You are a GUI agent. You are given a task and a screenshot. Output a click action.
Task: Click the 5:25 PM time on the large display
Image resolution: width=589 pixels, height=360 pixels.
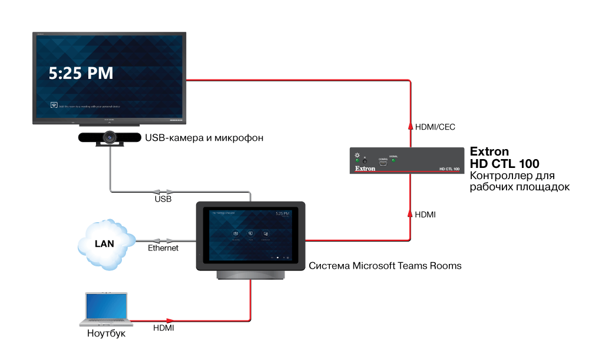[x=80, y=73]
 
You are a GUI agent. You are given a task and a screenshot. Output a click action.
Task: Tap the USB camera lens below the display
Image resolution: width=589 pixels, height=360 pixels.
[x=110, y=137]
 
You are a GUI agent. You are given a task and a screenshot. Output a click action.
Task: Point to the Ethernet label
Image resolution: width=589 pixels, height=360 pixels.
[x=163, y=248]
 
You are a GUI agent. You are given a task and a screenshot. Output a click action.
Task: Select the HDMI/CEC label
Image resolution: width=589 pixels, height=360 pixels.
[x=435, y=127]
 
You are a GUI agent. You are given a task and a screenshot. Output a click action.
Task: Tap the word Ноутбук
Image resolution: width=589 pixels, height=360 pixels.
[x=106, y=333]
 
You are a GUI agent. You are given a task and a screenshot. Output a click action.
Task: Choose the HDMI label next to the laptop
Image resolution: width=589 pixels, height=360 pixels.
[x=163, y=328]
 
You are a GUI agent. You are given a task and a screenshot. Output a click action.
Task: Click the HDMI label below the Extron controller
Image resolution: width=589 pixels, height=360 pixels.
[x=425, y=214]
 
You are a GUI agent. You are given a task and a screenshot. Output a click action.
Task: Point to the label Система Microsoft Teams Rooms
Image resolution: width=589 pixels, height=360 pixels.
[x=385, y=266]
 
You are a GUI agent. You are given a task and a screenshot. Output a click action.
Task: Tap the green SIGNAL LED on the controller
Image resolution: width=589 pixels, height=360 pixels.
[x=394, y=160]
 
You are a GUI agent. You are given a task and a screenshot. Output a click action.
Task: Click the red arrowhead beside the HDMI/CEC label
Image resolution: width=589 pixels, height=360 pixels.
[x=411, y=126]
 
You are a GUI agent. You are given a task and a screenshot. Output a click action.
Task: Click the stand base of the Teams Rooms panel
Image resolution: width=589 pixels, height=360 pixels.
[x=251, y=274]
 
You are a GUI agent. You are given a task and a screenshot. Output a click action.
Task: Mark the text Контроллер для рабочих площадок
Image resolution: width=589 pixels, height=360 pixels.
[x=520, y=181]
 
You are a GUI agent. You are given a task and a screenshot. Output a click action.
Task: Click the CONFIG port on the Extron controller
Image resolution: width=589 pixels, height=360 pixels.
[x=382, y=163]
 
